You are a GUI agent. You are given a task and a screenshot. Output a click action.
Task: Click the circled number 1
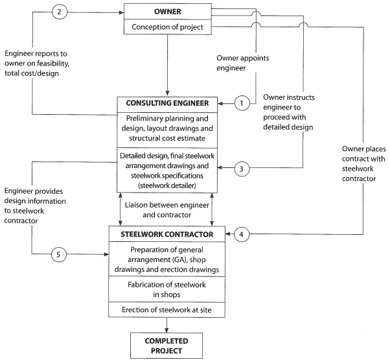coord(242,103)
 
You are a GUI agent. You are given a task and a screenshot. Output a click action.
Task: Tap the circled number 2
coord(60,12)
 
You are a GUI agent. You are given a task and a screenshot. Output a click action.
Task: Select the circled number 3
coord(242,169)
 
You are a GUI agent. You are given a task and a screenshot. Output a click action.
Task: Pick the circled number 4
coord(241,234)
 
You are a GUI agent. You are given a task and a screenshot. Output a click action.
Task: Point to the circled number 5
coord(59,254)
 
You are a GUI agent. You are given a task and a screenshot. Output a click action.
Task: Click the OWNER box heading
coord(168,12)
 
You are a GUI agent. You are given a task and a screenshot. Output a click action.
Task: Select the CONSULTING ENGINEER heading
coord(167,103)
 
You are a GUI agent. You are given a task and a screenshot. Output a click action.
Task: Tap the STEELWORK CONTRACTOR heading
coord(167,234)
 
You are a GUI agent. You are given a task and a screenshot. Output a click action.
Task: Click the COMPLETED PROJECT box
coord(166,346)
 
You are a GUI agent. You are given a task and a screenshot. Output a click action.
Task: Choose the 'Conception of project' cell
coord(168,27)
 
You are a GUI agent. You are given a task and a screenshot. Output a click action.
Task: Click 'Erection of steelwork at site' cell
coord(166,309)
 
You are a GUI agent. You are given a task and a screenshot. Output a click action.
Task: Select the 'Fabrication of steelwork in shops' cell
coord(166,289)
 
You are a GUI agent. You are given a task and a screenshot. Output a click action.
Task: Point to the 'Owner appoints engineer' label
coord(242,63)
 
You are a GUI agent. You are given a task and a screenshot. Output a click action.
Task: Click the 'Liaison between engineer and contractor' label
coord(167,210)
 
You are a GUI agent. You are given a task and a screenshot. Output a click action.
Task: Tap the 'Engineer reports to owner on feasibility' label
coord(37,63)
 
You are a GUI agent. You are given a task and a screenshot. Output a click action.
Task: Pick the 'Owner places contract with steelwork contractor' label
coord(363,163)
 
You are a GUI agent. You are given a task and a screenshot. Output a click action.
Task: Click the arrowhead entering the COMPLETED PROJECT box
coord(166,330)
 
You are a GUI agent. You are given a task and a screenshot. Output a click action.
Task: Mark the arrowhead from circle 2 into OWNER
coord(121,12)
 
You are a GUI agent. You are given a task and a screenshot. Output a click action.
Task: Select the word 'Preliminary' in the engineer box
coord(143,119)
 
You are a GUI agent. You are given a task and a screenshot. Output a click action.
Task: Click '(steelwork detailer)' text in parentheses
coord(167,186)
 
